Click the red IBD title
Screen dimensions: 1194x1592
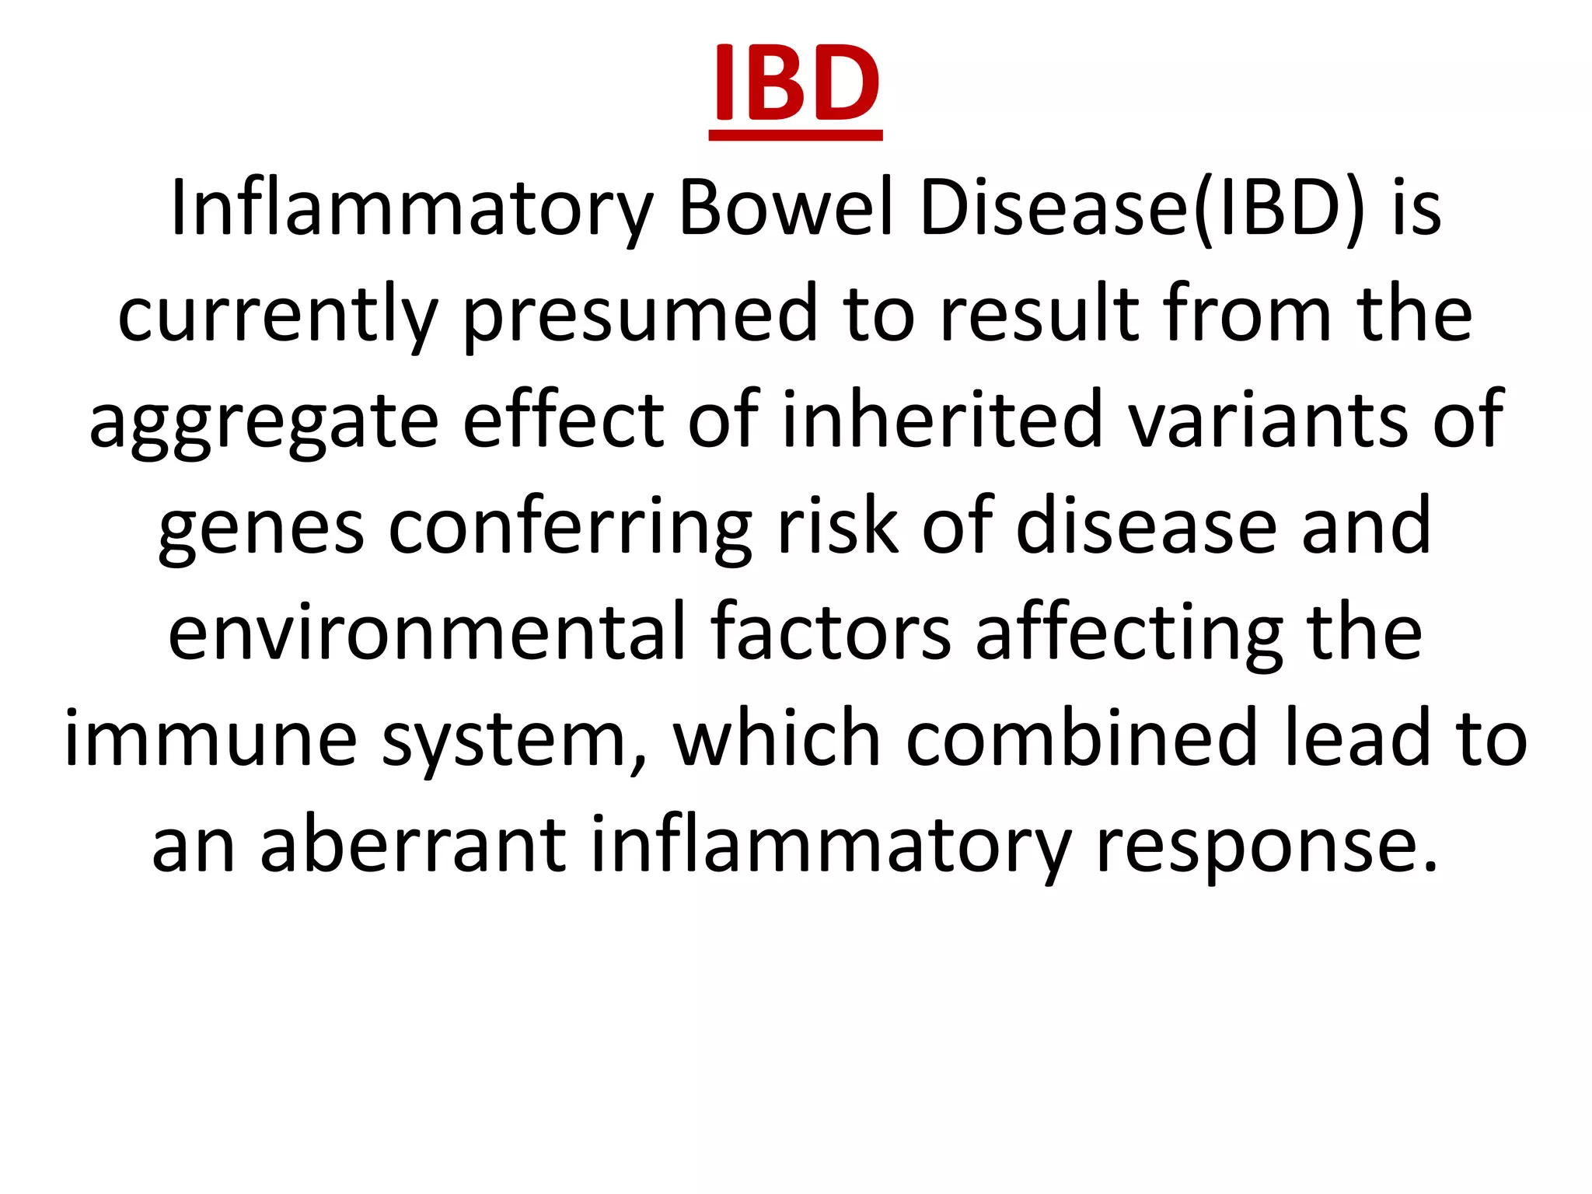coord(796,82)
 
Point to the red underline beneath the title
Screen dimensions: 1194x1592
coord(796,136)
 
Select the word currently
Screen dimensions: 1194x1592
coord(278,315)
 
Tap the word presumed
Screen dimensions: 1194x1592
coord(641,315)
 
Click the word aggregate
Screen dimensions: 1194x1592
coord(264,422)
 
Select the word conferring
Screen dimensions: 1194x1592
coord(570,529)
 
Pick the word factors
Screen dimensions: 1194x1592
coord(830,633)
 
